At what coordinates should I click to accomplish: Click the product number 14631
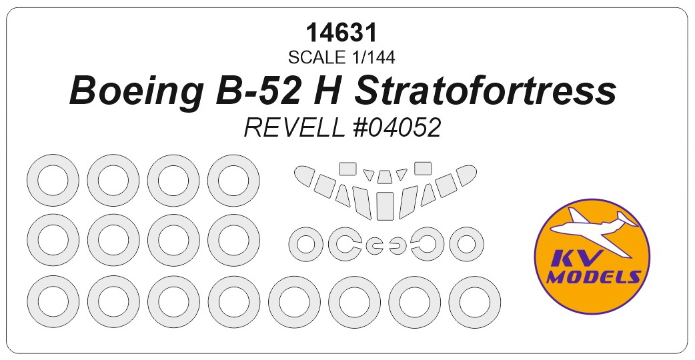[341, 33]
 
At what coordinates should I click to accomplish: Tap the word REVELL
[294, 129]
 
